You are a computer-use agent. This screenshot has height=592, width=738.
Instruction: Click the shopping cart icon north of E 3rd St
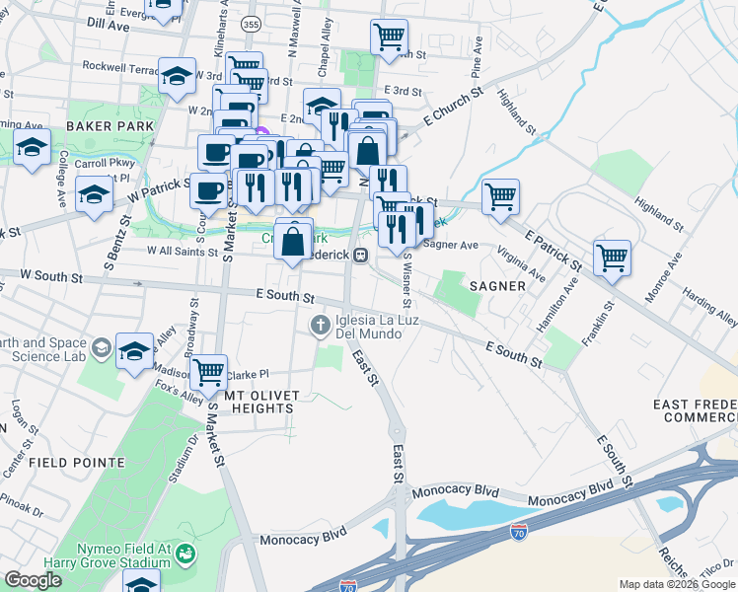(389, 37)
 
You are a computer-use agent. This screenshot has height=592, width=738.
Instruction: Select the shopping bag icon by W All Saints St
(294, 240)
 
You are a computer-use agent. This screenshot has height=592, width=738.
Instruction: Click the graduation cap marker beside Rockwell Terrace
(177, 75)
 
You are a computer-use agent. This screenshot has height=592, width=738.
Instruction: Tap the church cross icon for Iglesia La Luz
(321, 325)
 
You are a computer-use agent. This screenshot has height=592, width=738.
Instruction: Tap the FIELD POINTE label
(76, 462)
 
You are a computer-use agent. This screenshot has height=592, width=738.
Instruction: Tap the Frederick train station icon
(361, 255)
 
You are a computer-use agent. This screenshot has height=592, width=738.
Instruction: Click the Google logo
(33, 580)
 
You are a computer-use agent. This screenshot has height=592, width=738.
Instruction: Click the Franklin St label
(593, 323)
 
